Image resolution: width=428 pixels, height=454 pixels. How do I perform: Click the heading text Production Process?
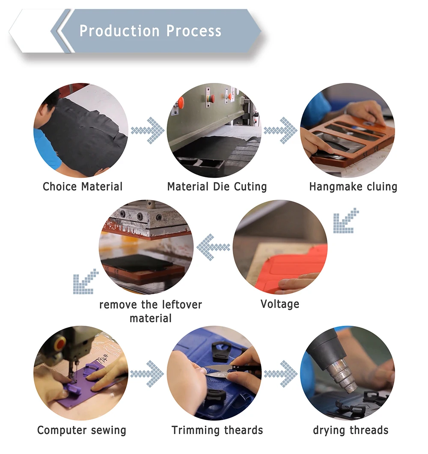[x=150, y=31]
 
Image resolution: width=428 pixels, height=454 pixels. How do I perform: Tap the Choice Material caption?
[x=83, y=187]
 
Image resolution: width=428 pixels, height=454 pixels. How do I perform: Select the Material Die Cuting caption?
[x=217, y=187]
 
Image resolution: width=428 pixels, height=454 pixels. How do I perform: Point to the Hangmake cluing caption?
[x=353, y=187]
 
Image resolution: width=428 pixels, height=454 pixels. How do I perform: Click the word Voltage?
[x=280, y=304]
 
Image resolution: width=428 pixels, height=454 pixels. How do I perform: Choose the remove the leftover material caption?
[x=151, y=312]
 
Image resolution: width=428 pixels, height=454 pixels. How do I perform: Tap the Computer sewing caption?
[x=82, y=430]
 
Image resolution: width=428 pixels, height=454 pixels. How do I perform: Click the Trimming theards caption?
[x=217, y=430]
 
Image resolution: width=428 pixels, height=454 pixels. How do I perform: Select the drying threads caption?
[x=351, y=430]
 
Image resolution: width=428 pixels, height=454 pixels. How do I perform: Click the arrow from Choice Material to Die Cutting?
[x=148, y=130]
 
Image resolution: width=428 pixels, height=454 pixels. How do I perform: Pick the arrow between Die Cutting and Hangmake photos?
[x=281, y=130]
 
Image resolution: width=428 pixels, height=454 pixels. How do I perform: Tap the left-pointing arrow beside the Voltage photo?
[x=213, y=247]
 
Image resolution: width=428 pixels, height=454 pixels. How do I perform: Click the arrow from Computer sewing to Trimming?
[x=147, y=374]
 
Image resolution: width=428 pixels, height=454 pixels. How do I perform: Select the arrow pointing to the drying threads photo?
[x=281, y=374]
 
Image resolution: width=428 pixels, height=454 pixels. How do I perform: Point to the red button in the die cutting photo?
[x=181, y=103]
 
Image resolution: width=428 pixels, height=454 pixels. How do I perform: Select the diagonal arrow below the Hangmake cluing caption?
[x=346, y=221]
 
